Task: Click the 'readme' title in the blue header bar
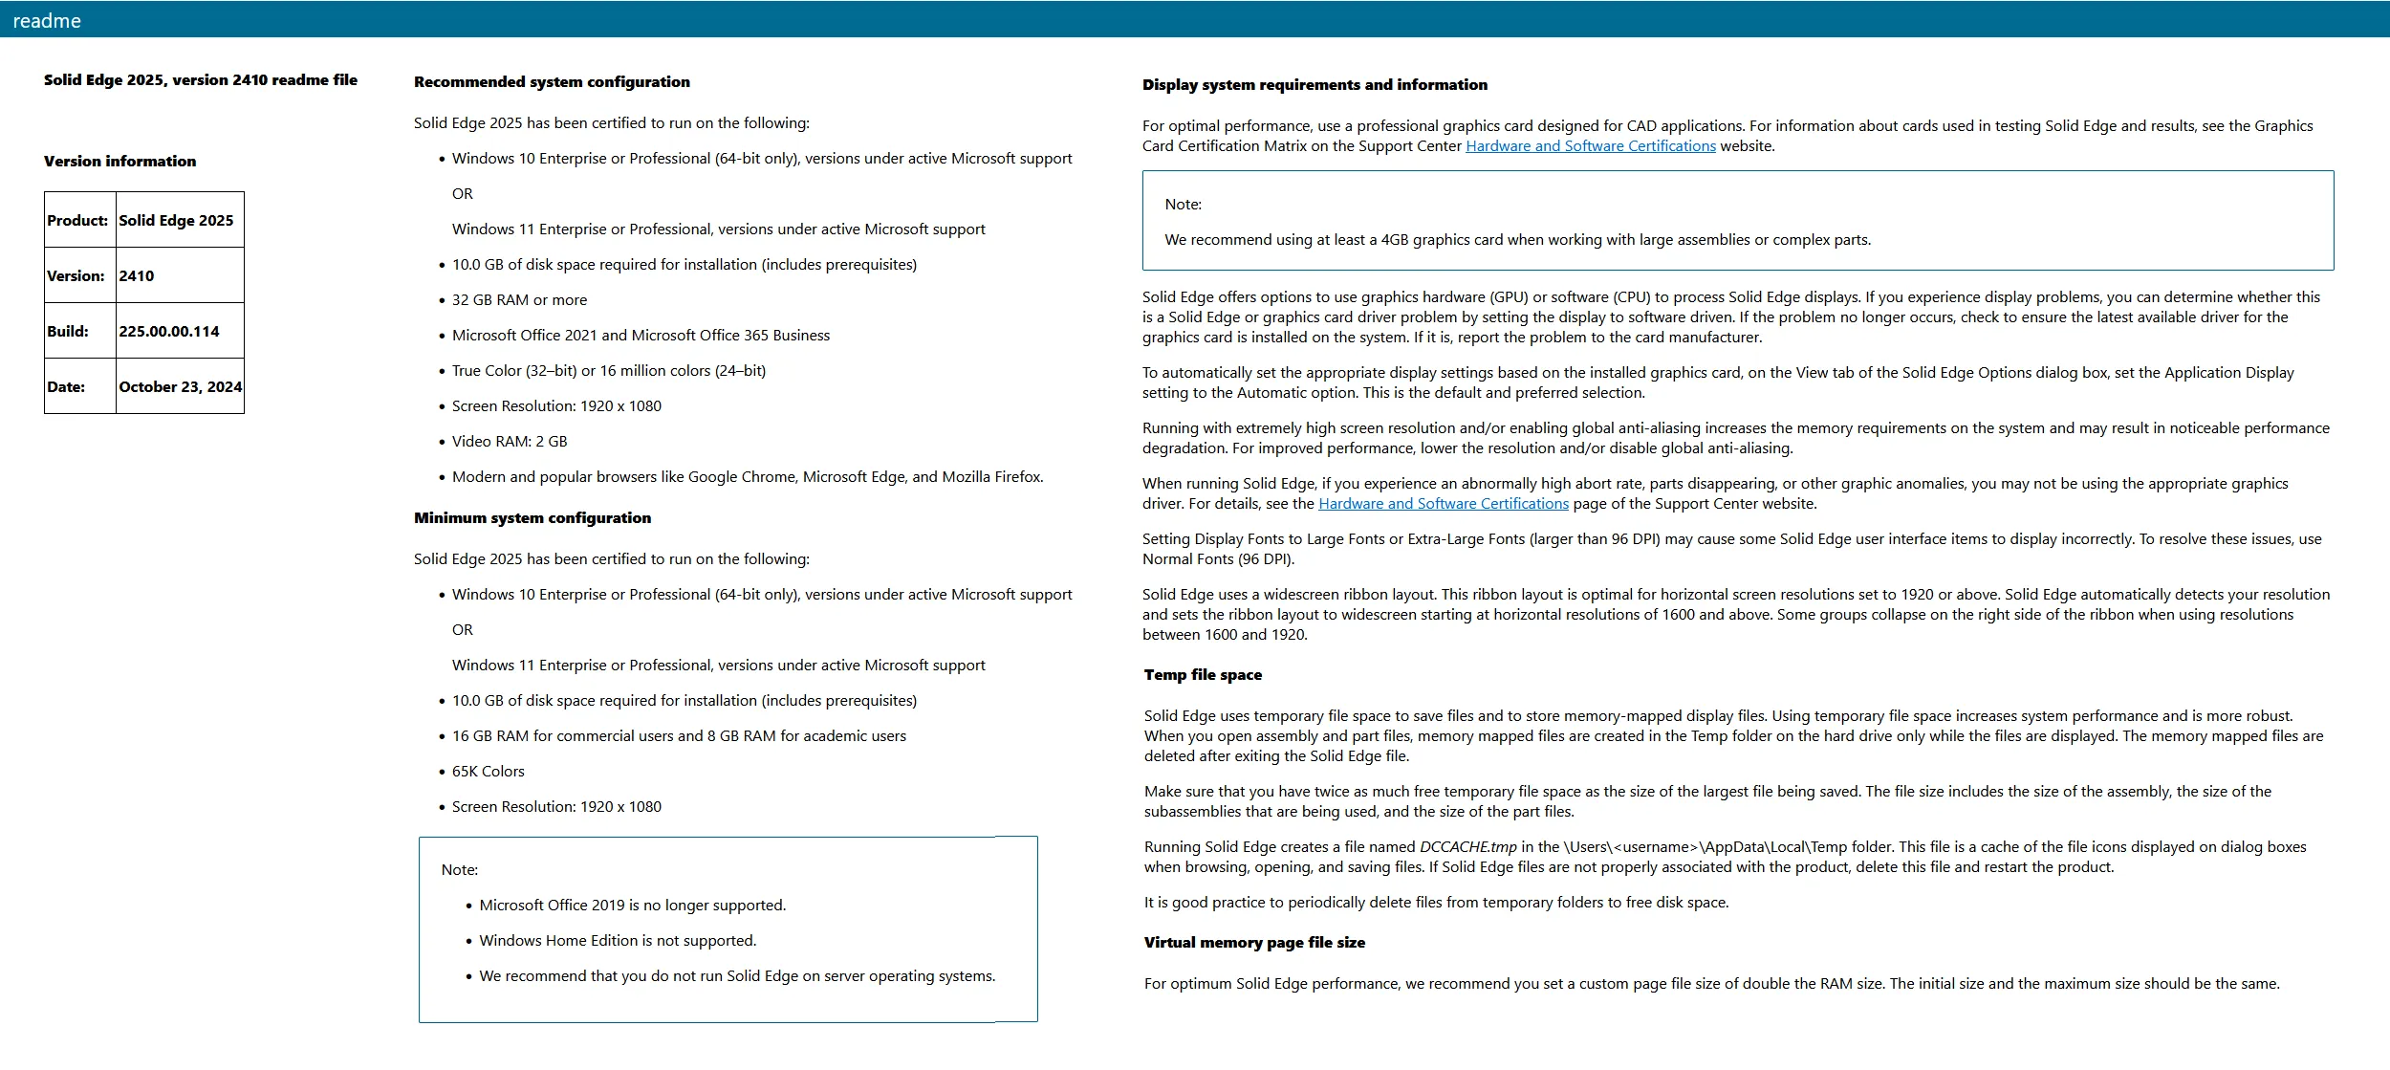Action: (x=47, y=21)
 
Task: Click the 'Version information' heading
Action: (x=119, y=162)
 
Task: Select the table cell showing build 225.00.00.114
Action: (x=169, y=332)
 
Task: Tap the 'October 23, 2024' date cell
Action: (x=180, y=387)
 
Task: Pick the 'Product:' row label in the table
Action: (x=77, y=221)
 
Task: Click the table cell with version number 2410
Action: (x=137, y=276)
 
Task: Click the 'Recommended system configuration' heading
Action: (x=552, y=82)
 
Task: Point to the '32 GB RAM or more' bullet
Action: (x=519, y=300)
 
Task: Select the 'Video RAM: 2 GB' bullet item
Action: (x=510, y=442)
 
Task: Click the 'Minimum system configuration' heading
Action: (x=532, y=518)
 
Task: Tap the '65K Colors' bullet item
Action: (x=488, y=772)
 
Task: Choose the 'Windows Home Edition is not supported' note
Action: (x=618, y=941)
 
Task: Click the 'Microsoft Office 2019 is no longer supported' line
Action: (x=632, y=906)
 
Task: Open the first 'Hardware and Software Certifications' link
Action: (x=1590, y=146)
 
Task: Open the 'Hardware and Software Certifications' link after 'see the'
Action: (x=1443, y=504)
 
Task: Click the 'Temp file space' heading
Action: (x=1203, y=675)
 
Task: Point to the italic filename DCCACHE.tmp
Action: (x=1467, y=847)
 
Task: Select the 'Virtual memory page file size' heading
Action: (x=1254, y=943)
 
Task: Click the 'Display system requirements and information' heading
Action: (x=1314, y=85)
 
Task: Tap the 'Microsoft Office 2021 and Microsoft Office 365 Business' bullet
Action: (x=641, y=336)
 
